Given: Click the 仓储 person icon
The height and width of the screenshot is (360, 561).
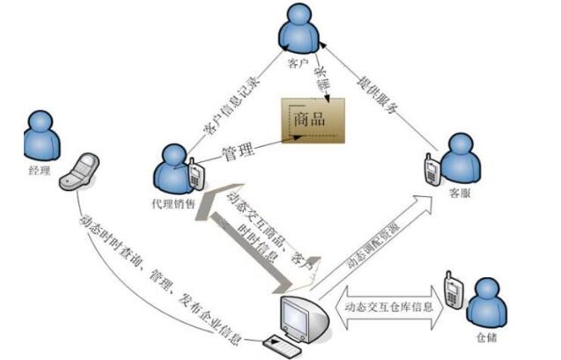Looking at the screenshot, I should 487,300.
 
